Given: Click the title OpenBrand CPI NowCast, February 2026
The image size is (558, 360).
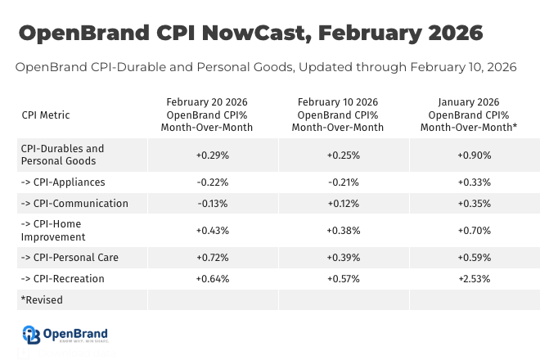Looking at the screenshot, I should pos(250,33).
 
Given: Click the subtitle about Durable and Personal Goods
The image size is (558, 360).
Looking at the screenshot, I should pos(266,67).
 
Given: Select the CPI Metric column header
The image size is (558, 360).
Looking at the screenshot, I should pos(46,115).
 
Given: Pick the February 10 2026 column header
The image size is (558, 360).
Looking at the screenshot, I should pos(337,115).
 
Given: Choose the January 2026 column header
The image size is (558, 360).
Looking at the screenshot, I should pos(469,115).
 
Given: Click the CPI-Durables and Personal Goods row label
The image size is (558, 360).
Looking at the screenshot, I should pos(62,155).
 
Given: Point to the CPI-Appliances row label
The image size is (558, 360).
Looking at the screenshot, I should pos(63,182).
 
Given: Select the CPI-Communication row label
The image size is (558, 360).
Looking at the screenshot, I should pos(74,204).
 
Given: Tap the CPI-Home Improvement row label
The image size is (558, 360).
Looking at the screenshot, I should pos(54,231).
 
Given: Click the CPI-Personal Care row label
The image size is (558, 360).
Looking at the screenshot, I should pos(70,258).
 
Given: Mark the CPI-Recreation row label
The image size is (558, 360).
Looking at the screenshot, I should pos(63,279).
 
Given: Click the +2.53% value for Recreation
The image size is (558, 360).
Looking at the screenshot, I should pos(474,279).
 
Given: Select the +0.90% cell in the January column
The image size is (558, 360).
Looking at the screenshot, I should pos(474,155).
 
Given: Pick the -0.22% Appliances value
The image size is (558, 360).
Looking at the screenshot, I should pos(213,182).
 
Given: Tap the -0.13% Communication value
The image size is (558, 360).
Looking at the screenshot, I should pos(213,204).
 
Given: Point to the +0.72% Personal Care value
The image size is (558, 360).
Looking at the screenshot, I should pos(213,258).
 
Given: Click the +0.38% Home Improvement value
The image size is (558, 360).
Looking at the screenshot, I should pos(343,231).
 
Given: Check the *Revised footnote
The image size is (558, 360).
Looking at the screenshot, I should pos(42,300).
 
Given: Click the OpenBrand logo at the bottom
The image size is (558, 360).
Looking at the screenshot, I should pos(65,335).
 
